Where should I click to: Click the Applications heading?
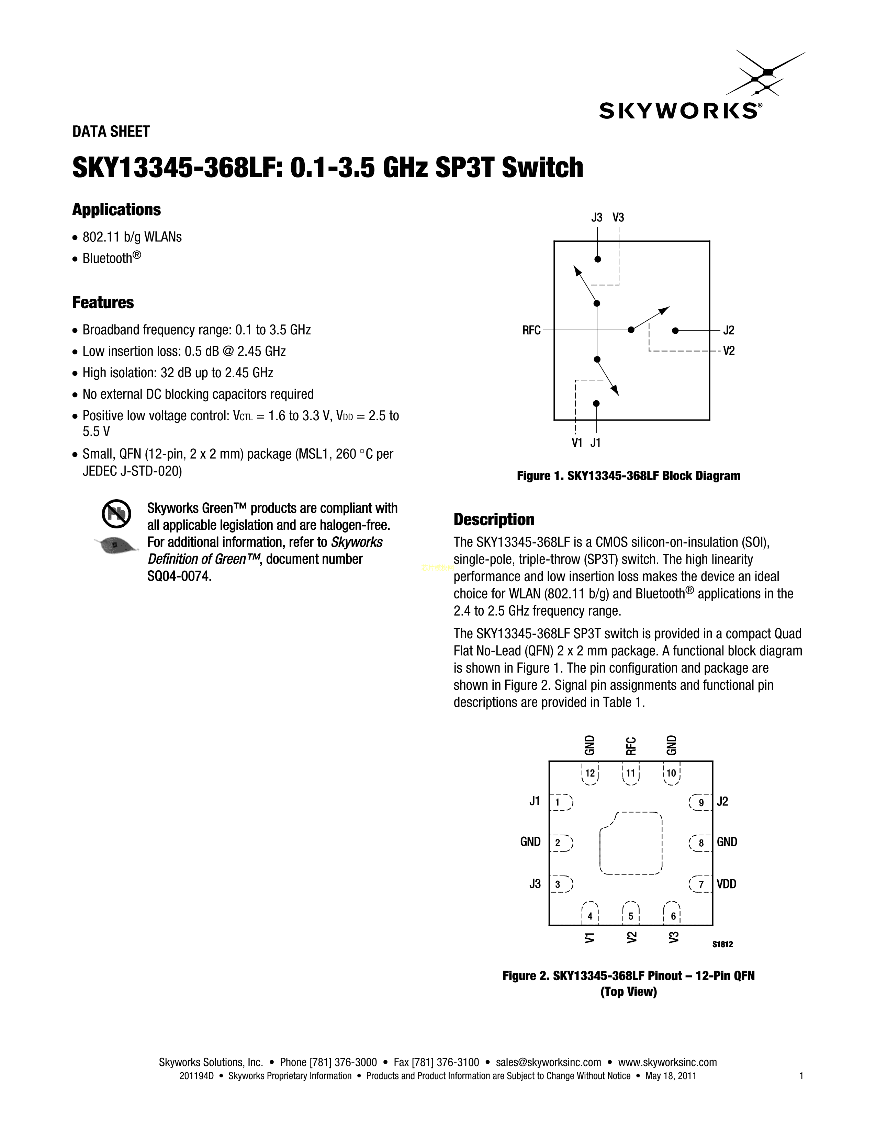pos(117,210)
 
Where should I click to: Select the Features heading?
pos(103,302)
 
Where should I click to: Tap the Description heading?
pos(494,519)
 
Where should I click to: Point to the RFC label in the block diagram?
pos(531,330)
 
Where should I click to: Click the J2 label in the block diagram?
pos(729,330)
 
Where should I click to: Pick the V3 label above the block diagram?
pos(618,217)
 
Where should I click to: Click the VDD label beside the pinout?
pos(727,884)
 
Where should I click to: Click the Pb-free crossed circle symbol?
pos(115,514)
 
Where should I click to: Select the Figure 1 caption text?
pos(628,476)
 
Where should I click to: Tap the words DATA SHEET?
pos(111,132)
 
